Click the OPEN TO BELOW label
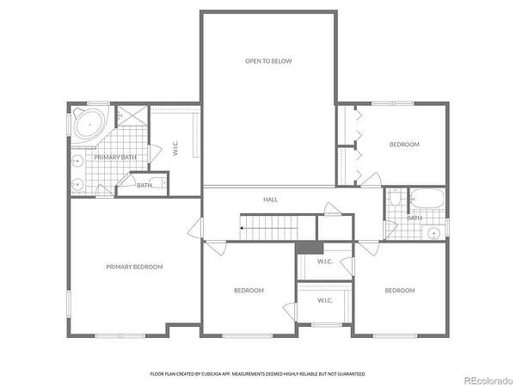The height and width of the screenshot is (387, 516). coord(268,61)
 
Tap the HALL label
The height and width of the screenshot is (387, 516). coord(271,200)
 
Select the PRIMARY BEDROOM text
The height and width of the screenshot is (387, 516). coord(134,267)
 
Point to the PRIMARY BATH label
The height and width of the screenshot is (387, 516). coord(115,157)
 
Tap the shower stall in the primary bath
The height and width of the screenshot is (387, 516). coord(132,115)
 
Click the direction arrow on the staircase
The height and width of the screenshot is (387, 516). coord(243,228)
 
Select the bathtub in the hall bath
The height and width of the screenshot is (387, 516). coord(427,198)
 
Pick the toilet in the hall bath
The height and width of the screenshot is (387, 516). coord(394,198)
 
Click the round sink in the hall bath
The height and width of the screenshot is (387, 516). coord(434,233)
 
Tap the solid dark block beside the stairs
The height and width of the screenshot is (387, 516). coord(310,248)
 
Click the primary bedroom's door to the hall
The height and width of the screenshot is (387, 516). coord(196,227)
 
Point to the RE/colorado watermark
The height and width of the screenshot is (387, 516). coord(488,380)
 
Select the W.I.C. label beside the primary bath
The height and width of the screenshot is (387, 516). coord(175,148)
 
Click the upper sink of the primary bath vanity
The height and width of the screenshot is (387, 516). coord(77,161)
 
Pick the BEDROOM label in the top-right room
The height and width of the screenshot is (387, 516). coord(404,144)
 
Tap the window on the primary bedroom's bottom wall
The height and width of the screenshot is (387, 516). coord(120,335)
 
